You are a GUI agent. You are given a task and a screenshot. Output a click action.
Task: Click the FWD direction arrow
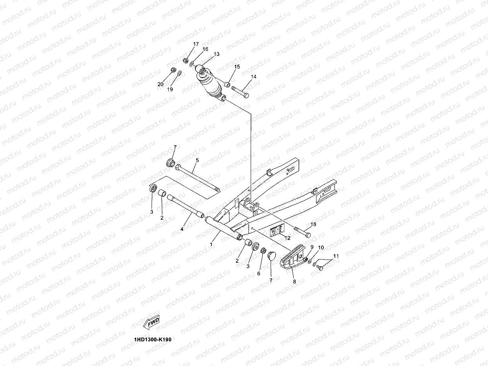pyautogui.click(x=152, y=321)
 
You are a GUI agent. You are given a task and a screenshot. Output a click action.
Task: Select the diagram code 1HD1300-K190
pyautogui.click(x=152, y=339)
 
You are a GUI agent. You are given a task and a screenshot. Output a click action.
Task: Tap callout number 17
pyautogui.click(x=196, y=44)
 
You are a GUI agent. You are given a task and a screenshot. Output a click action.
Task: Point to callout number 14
pyautogui.click(x=253, y=77)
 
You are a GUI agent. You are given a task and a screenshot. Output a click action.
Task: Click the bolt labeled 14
pyautogui.click(x=240, y=92)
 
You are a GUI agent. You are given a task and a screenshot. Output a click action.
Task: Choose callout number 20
pyautogui.click(x=161, y=84)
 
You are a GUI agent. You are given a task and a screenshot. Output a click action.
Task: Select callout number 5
pyautogui.click(x=197, y=160)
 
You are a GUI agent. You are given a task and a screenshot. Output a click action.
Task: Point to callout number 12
pyautogui.click(x=287, y=238)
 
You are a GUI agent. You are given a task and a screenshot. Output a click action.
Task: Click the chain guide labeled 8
pyautogui.click(x=292, y=260)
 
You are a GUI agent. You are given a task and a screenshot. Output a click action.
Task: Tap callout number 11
pyautogui.click(x=336, y=256)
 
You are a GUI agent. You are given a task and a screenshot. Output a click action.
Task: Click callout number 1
pyautogui.click(x=211, y=244)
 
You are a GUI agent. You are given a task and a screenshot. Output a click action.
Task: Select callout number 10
pyautogui.click(x=321, y=248)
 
